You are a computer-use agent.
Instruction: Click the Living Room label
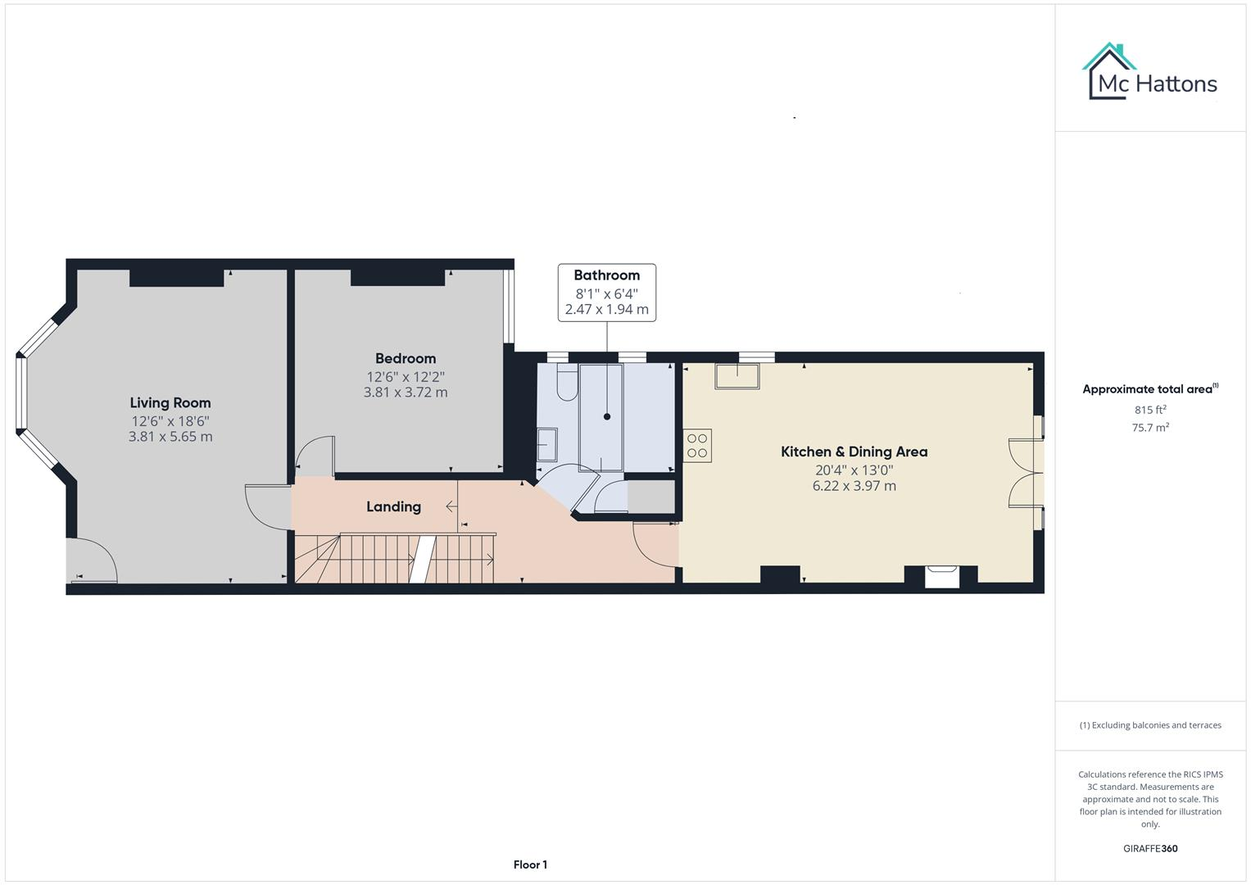point(170,402)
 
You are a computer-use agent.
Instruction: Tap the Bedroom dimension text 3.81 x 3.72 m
point(406,393)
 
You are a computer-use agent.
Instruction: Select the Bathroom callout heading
point(606,275)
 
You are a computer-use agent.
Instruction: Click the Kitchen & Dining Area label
point(854,452)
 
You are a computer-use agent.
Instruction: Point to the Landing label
point(393,506)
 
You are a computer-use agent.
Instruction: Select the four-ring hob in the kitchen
point(698,446)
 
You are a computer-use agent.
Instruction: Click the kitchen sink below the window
point(737,376)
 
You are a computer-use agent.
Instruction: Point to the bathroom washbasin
point(546,446)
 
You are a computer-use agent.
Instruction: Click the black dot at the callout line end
point(607,416)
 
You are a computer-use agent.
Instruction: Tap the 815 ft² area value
point(1150,410)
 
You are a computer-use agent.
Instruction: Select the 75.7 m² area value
point(1150,427)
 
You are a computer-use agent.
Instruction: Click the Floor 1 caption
point(530,865)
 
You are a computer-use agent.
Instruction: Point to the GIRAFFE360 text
point(1150,848)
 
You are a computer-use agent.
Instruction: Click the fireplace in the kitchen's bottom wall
point(941,577)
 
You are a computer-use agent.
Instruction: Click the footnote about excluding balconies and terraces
point(1150,725)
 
